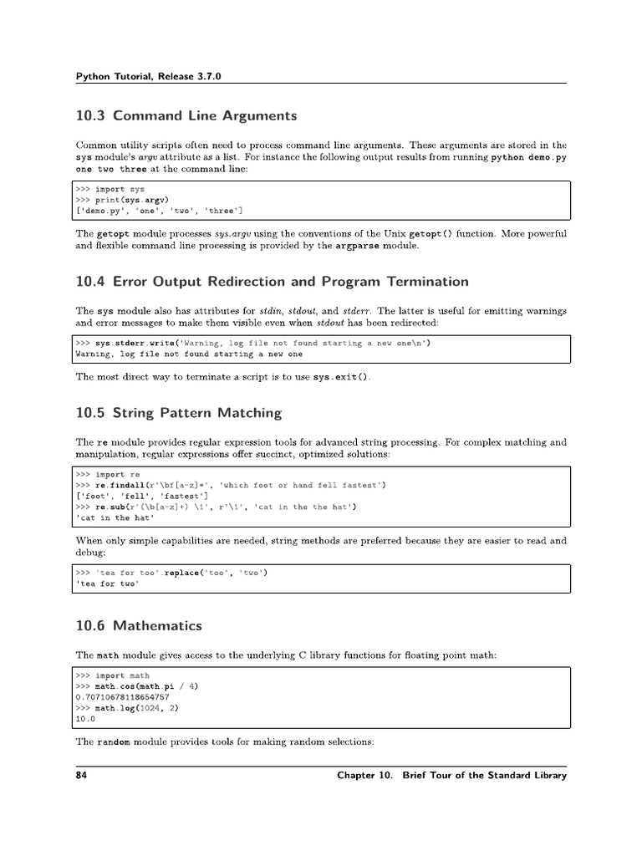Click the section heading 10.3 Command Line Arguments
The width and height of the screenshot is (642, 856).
coord(186,115)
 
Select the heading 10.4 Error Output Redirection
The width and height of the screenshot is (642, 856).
coord(272,281)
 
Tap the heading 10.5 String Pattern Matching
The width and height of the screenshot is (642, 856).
coord(178,413)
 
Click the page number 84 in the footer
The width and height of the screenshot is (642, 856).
coord(82,775)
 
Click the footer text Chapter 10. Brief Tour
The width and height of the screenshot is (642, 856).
coord(451,775)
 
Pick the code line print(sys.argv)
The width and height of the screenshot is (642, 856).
coord(132,200)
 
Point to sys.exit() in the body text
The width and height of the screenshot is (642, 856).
coord(340,377)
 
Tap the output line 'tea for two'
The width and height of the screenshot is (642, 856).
coord(107,584)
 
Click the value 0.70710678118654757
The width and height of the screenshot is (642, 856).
coord(122,696)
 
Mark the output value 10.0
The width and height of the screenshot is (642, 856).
coord(85,718)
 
